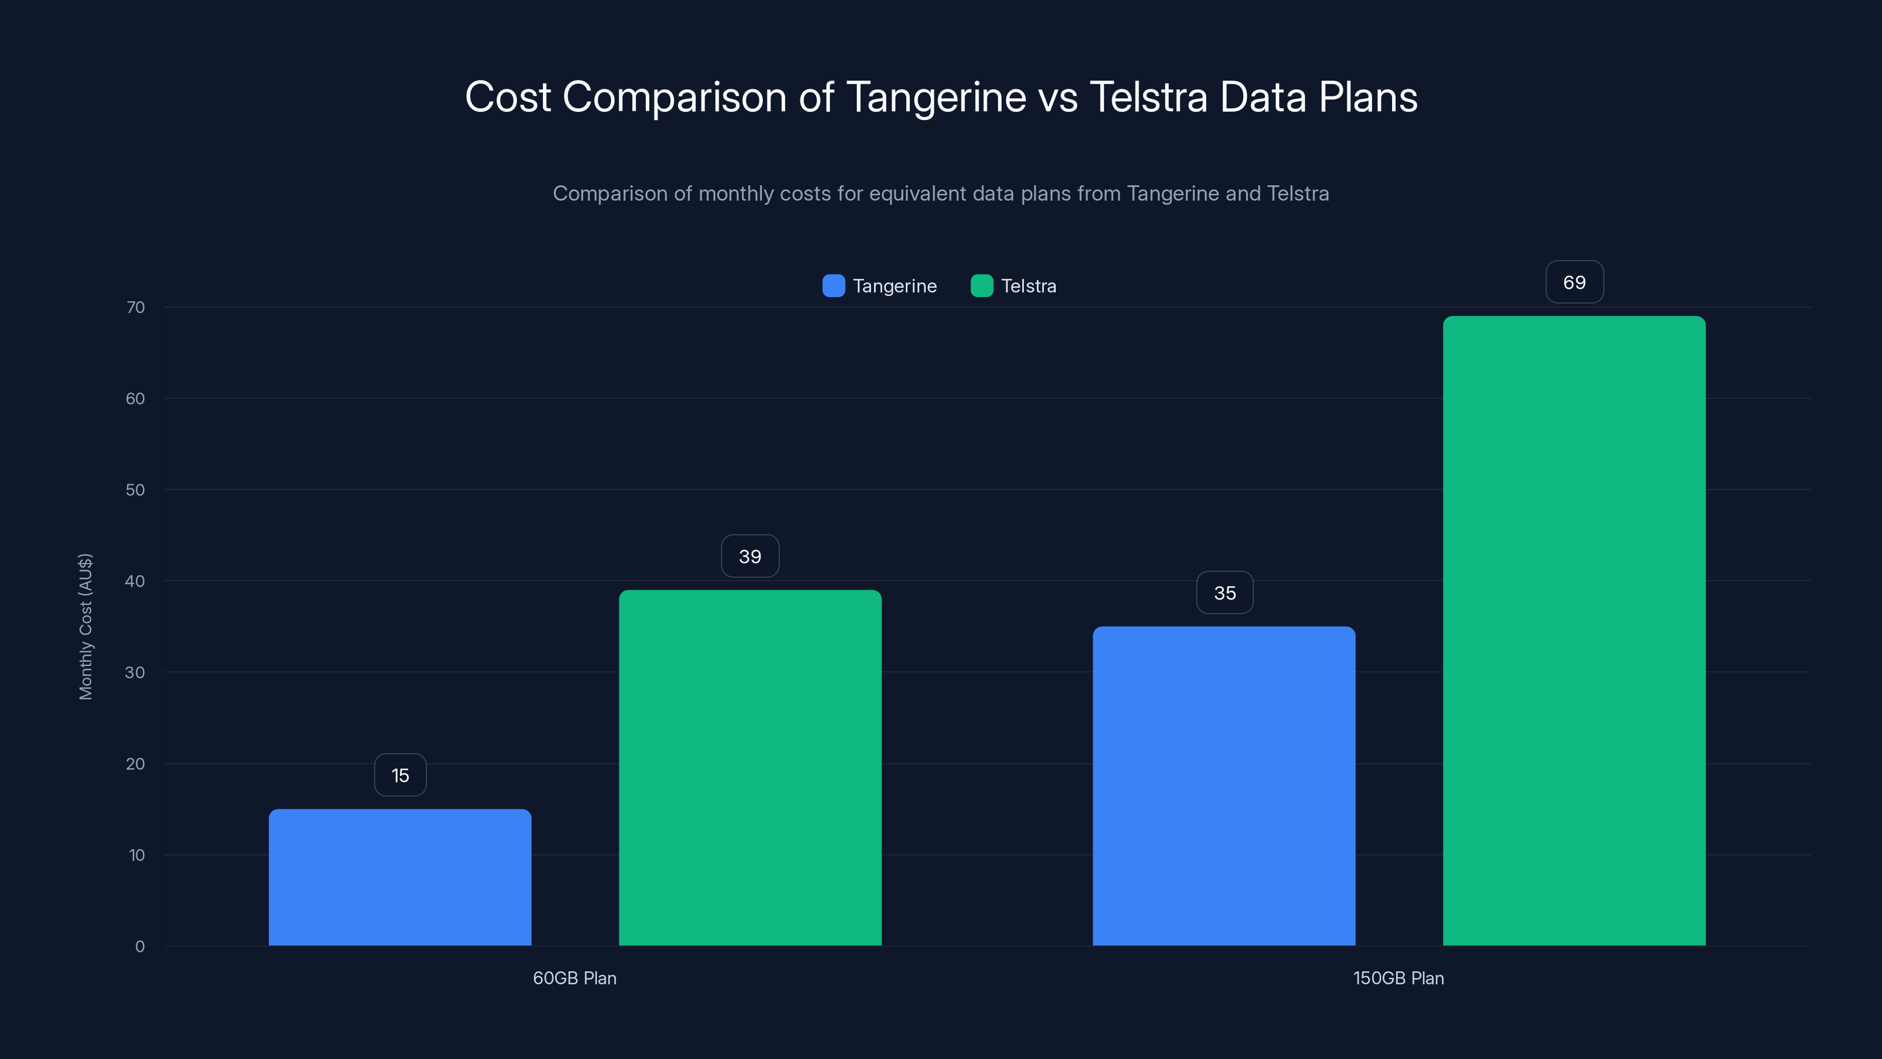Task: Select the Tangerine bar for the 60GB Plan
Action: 400,877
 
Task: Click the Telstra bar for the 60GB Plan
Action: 750,767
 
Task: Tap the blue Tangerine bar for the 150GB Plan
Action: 1224,785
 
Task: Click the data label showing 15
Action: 401,775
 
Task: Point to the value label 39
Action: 750,556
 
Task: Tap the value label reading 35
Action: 1224,592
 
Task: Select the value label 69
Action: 1574,282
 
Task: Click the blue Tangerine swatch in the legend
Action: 833,286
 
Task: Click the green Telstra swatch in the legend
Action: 981,286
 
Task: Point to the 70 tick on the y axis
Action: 135,307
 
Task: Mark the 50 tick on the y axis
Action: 135,489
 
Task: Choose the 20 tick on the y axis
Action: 135,764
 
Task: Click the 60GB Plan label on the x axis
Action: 574,978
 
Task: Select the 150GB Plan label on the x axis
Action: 1399,978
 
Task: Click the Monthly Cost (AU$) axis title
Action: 85,627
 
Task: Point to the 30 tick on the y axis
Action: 135,672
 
